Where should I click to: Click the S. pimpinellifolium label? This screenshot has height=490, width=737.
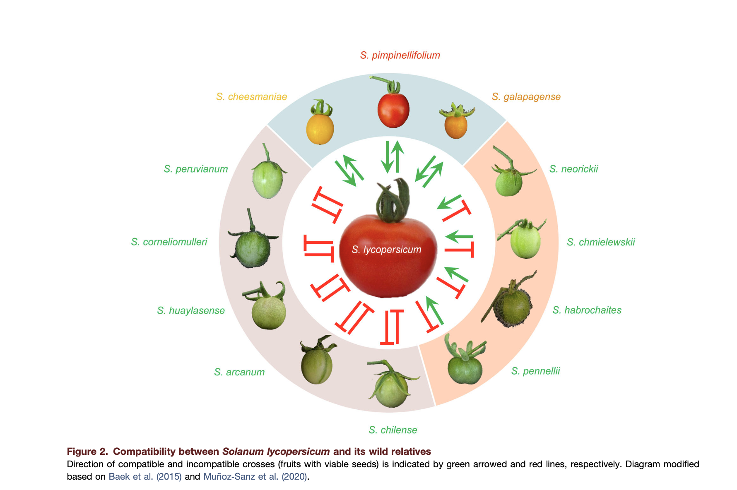400,55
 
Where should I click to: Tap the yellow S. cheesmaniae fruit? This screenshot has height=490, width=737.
320,128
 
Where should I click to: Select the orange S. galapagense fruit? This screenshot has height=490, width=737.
456,125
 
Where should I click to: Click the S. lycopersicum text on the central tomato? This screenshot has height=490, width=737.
386,250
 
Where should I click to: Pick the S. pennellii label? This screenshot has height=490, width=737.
535,371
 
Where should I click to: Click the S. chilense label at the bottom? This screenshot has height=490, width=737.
393,430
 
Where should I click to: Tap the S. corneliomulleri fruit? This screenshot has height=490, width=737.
253,248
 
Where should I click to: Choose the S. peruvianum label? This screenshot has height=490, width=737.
196,169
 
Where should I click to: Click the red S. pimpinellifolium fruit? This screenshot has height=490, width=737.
393,109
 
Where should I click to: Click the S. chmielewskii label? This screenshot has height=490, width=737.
601,242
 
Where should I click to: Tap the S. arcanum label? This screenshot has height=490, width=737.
239,372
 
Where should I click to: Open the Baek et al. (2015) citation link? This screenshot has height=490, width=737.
145,476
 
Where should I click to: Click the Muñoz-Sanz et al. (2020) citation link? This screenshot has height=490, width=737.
255,476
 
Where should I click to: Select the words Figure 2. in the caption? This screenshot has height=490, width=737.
87,452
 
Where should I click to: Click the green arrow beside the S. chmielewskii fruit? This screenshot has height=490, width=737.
459,237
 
